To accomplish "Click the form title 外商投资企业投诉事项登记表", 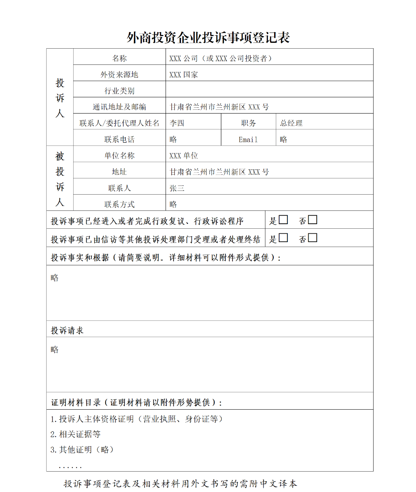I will coord(208,38).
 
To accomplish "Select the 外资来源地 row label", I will coord(119,75).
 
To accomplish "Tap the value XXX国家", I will coord(183,75).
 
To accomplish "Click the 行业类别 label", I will coord(119,91).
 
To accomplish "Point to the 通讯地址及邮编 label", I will coord(119,107).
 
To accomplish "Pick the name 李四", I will coord(177,123).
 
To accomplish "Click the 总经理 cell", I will coord(291,123).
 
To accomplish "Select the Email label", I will coord(248,140).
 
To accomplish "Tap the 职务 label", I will coord(248,123).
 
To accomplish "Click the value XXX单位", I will coord(183,156).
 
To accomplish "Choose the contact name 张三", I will coord(177,188).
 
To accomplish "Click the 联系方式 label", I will coord(119,205).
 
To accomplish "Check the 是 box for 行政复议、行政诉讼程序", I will coord(283,220).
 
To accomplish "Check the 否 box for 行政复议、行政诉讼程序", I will coord(312,220).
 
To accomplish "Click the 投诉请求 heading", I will coord(67,331).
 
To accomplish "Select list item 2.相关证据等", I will coord(75,435).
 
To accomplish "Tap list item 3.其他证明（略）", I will coord(82,450).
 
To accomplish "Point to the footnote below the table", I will coord(181,484).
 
